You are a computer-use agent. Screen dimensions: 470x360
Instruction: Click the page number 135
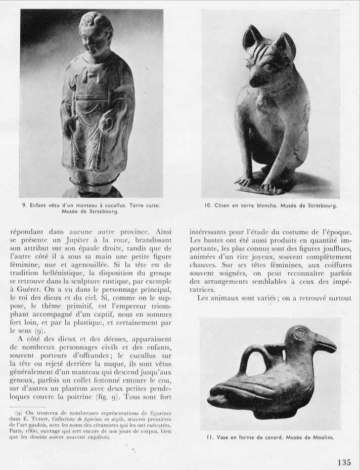pyautogui.click(x=343, y=462)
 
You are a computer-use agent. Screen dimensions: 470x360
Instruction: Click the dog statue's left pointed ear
pyautogui.click(x=251, y=38)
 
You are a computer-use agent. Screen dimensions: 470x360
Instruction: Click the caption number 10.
pyautogui.click(x=207, y=205)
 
